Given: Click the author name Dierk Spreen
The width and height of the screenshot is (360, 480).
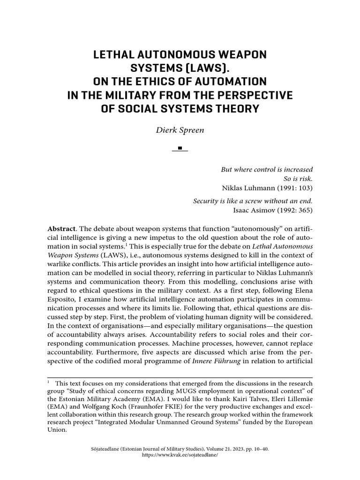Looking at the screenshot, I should (x=180, y=129).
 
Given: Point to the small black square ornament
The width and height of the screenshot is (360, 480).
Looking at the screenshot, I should (x=180, y=149).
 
